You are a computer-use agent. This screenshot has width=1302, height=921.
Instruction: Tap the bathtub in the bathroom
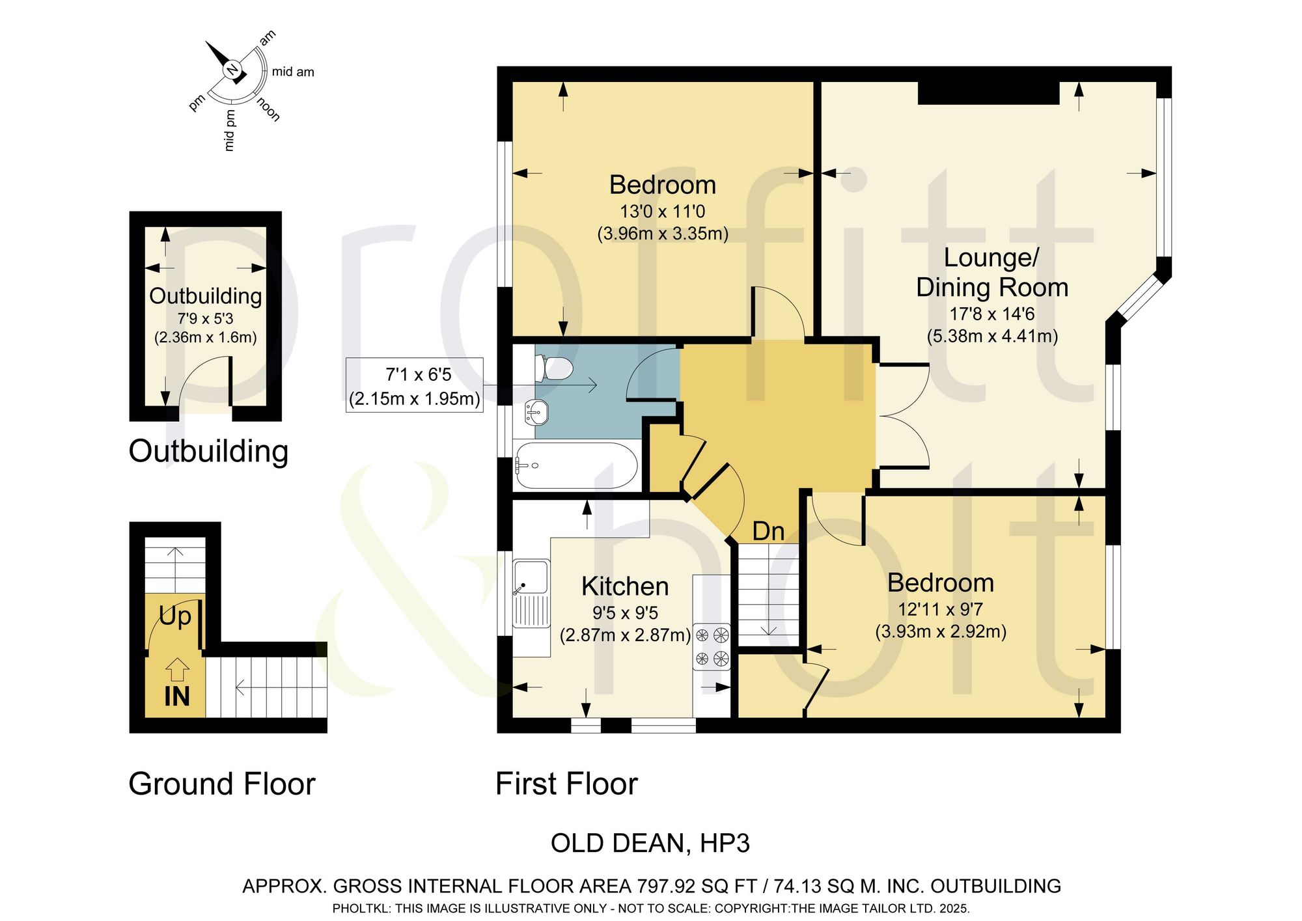(575, 466)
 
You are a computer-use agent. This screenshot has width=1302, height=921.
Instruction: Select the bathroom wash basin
(536, 411)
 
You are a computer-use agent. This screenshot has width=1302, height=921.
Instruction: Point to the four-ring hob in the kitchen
(712, 646)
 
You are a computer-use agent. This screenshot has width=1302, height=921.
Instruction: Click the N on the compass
(232, 70)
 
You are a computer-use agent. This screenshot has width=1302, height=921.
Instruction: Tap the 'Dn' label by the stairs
(768, 532)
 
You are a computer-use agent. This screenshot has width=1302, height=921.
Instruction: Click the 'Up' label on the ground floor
(175, 616)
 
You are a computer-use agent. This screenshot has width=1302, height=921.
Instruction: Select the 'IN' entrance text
(177, 696)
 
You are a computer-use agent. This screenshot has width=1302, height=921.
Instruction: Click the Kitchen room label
(625, 586)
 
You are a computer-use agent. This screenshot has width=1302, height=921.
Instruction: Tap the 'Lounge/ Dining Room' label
(992, 273)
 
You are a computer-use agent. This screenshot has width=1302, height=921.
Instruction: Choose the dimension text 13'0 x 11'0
(663, 212)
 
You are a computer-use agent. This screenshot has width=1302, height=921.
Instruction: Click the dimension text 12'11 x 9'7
(941, 610)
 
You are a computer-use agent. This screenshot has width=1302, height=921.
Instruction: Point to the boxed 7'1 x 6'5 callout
(415, 386)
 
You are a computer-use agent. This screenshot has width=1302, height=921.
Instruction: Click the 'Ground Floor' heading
(222, 784)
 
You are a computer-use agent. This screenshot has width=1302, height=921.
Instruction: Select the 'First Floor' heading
(566, 784)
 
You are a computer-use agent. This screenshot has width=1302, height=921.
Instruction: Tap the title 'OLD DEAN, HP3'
(650, 844)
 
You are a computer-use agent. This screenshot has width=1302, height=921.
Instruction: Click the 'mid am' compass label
(293, 72)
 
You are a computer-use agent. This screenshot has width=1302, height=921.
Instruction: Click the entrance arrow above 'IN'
(177, 670)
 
